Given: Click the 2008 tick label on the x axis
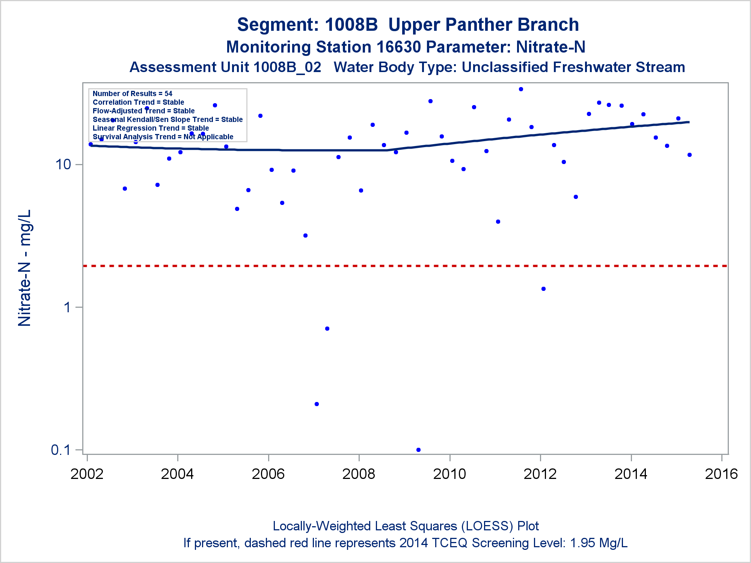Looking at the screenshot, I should point(359,474).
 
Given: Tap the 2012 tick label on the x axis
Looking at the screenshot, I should point(540,474).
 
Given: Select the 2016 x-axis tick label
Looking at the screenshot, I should point(721,474).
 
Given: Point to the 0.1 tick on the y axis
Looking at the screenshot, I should point(61,450).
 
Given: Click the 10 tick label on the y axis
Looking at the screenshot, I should point(63,164).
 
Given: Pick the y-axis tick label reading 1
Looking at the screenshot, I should point(67,307).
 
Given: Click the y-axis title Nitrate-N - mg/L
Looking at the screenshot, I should point(25,268).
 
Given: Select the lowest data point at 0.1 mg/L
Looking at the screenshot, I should point(418,450).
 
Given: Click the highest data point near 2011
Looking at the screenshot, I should point(521,89).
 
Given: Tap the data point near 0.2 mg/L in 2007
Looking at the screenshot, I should point(317,404).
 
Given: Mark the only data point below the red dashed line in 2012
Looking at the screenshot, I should point(543,289).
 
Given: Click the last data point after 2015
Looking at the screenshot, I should point(689,155).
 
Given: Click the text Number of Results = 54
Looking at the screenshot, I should point(133,93).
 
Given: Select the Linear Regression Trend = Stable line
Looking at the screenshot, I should point(151,128).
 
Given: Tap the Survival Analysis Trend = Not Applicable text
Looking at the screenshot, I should point(163,137).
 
